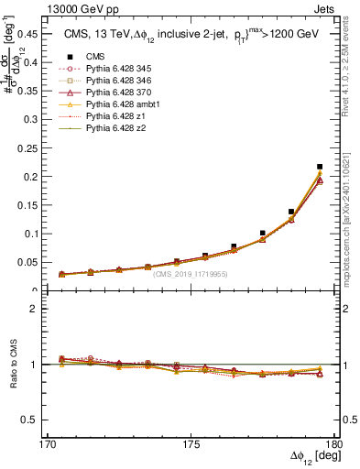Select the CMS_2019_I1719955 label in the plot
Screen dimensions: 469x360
(190, 274)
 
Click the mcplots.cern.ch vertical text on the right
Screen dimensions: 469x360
(349, 211)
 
